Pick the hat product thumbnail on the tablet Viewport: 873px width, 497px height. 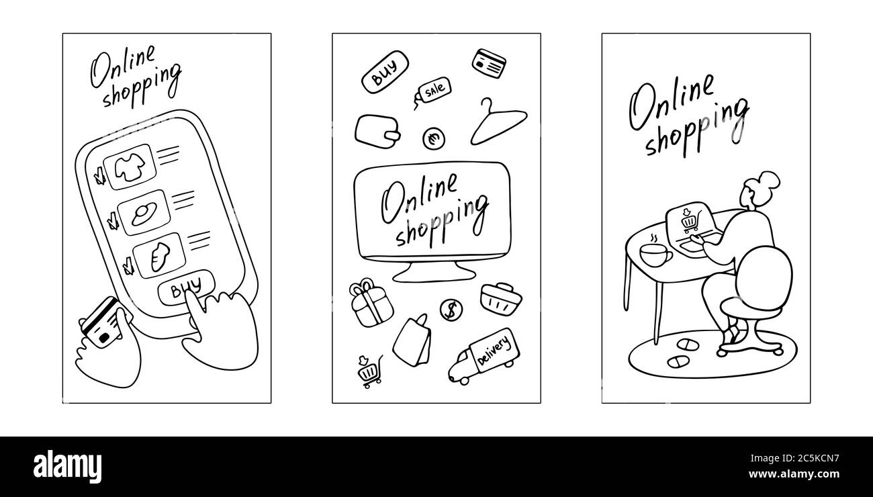click(143, 213)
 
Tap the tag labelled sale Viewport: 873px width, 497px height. click(434, 89)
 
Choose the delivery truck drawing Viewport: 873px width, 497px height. click(485, 356)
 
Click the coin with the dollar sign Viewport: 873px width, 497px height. click(451, 309)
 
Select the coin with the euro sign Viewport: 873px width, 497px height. click(434, 139)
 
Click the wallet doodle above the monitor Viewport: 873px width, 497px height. click(377, 130)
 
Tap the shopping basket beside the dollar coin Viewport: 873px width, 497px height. click(496, 297)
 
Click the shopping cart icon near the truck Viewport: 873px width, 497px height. click(368, 371)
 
